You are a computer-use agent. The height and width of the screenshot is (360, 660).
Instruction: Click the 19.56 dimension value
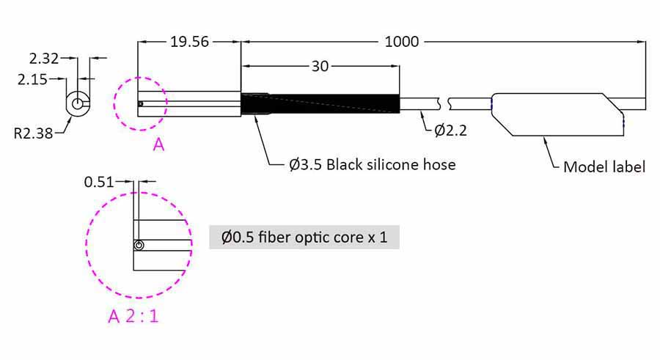point(189,42)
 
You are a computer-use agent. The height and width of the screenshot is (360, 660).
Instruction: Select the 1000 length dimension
point(402,42)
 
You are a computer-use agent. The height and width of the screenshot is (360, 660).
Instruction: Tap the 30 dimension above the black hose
point(320,66)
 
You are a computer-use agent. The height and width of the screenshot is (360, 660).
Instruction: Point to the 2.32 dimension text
point(44,59)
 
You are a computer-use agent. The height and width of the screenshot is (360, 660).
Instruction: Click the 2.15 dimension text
point(32,79)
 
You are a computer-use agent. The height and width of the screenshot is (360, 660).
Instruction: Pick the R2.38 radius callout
point(34,133)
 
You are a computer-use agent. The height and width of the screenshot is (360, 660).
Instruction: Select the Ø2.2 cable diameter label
point(451,130)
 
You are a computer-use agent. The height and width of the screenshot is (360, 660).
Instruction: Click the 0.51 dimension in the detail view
point(99,182)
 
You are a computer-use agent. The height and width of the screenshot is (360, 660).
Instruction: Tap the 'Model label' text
point(604,166)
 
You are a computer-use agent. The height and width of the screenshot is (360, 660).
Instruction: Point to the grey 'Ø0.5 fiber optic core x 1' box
point(304,237)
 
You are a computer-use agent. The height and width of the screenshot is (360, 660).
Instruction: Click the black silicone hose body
point(320,103)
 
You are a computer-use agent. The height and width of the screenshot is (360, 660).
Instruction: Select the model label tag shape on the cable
point(557,114)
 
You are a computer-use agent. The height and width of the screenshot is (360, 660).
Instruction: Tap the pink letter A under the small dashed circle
point(158,145)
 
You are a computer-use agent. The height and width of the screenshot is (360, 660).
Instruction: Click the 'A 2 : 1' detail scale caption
point(133,316)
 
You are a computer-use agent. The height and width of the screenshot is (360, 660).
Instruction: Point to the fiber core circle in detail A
point(139,245)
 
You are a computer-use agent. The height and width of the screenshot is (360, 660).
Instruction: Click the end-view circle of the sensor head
point(78,103)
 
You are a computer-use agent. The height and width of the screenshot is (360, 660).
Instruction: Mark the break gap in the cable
point(444,103)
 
